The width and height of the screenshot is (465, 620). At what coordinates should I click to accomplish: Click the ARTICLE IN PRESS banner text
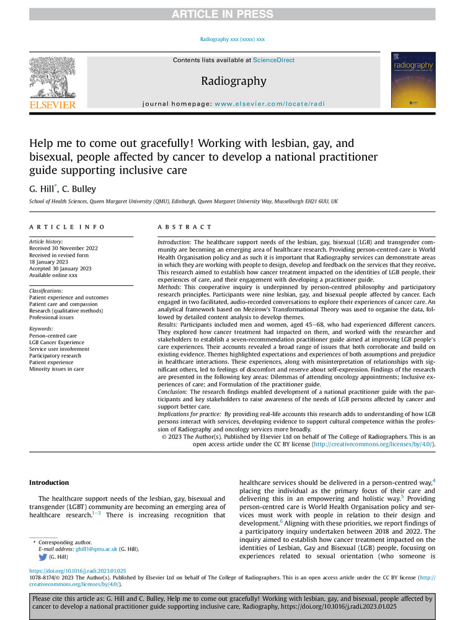pos(232,14)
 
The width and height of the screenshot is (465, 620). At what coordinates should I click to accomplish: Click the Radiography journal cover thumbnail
pos(413,80)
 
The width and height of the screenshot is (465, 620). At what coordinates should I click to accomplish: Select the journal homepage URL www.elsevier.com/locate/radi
pos(270,104)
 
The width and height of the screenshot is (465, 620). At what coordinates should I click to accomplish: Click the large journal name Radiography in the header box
pos(233,81)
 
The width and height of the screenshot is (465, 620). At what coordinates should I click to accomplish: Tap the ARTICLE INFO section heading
pos(67,228)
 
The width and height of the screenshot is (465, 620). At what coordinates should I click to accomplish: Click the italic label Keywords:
pos(42,329)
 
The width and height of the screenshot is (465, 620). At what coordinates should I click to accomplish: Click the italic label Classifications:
pos(50,290)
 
